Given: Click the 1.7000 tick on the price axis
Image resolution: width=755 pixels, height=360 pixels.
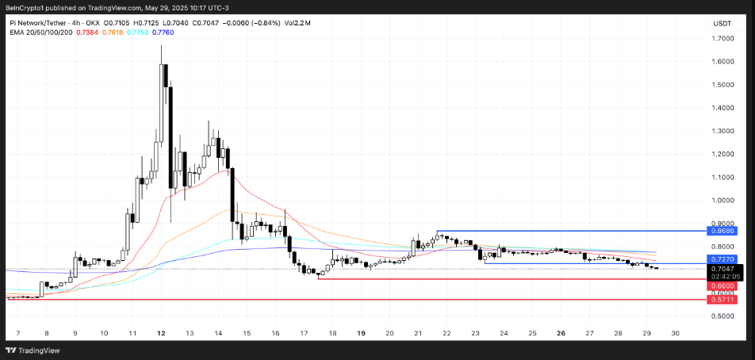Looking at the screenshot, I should tap(722, 38).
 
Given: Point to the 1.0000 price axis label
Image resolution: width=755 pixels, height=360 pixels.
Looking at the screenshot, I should tap(722, 200).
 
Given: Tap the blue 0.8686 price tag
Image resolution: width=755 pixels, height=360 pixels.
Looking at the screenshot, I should tap(722, 231).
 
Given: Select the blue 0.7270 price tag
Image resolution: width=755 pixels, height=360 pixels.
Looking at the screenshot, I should tap(722, 259).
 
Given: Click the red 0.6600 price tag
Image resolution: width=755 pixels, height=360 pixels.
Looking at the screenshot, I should tap(722, 285).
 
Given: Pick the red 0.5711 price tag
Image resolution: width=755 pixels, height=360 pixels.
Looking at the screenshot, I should tap(722, 300).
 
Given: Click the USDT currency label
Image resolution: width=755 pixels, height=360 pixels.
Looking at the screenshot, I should tap(722, 24).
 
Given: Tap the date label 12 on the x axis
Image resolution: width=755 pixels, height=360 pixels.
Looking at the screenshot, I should tap(161, 334).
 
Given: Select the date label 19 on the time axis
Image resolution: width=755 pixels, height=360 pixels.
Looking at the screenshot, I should tap(361, 334).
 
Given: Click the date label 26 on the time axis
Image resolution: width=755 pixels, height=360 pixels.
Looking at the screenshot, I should tap(561, 334).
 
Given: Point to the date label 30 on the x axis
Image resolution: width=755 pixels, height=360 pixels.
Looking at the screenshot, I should tap(675, 334).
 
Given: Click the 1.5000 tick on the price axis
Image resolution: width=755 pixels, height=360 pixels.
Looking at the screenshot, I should tap(722, 84).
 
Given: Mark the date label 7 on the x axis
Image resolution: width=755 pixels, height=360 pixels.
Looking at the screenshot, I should tap(17, 334).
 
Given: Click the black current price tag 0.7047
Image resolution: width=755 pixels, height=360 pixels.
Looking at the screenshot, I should tap(722, 269).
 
